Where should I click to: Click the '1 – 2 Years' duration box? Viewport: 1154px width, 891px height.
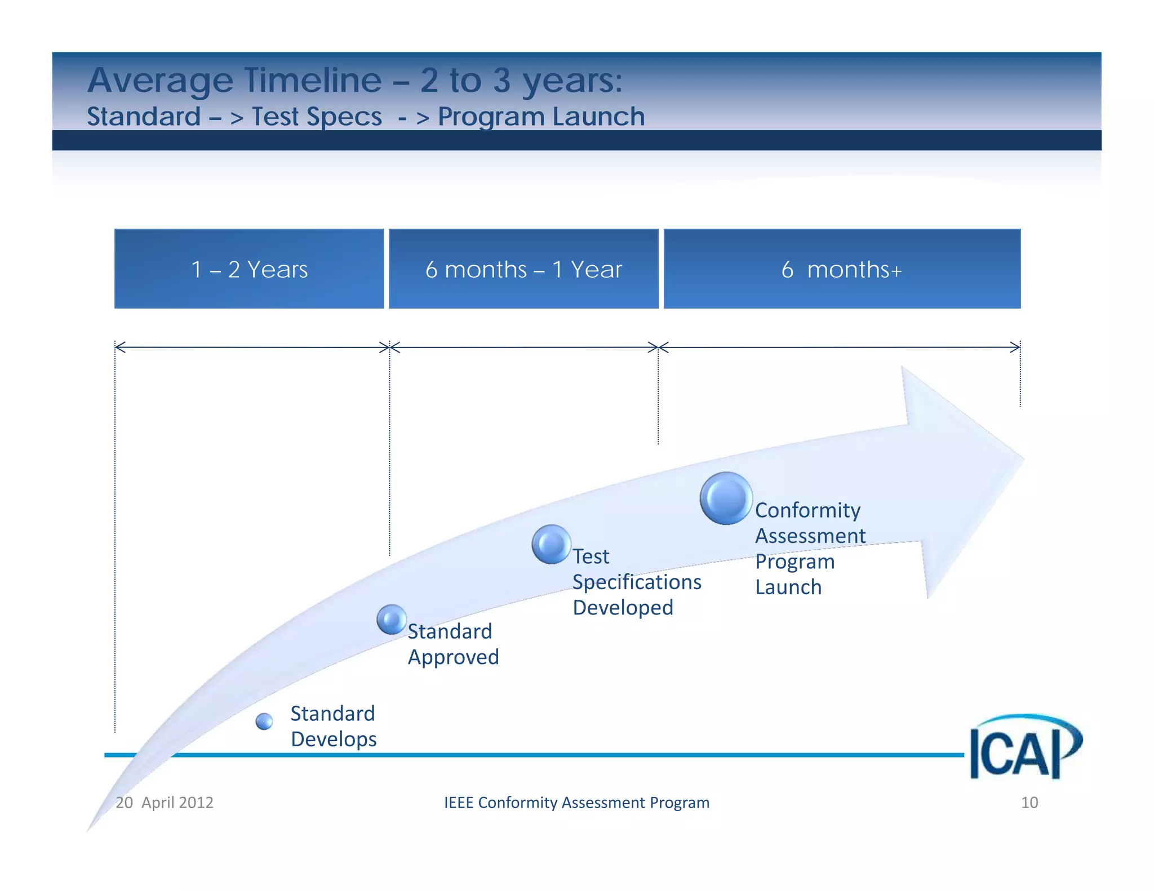(249, 269)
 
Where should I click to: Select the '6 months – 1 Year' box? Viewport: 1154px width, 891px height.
(523, 269)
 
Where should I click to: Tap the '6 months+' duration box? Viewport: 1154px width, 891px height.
(842, 269)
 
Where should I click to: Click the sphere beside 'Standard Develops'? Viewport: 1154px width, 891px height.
(264, 721)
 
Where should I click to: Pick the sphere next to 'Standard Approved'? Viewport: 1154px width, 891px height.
(392, 620)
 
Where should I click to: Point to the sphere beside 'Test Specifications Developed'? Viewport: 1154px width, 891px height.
(551, 544)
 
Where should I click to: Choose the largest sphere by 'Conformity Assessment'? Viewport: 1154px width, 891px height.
(726, 498)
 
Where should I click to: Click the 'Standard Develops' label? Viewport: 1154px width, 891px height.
(333, 727)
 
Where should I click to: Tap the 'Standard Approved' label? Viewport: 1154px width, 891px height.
(452, 644)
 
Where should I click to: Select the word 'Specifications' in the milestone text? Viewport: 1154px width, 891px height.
(637, 582)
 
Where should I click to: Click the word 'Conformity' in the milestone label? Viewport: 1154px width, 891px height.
(807, 510)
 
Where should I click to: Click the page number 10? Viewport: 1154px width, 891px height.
(1029, 803)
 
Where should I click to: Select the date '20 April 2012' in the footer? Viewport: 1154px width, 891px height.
(165, 803)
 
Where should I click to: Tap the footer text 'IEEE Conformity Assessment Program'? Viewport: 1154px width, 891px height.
(576, 803)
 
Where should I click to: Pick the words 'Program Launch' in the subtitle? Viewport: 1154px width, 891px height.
(541, 117)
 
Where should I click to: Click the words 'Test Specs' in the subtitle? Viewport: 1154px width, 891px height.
(317, 117)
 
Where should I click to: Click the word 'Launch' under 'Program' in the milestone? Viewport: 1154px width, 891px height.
(788, 587)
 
